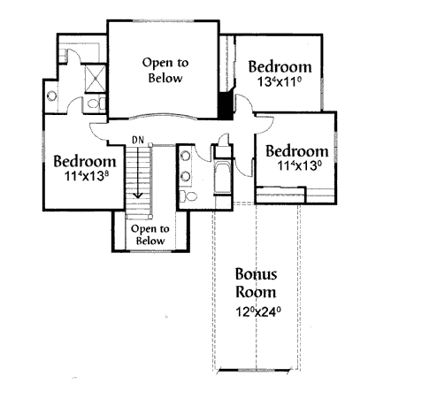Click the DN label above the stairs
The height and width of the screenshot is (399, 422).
(x=138, y=140)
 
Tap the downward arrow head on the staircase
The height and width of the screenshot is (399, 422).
(x=137, y=196)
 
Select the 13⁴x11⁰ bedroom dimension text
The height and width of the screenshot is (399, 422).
(x=280, y=81)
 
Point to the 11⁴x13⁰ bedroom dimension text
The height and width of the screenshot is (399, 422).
(x=299, y=165)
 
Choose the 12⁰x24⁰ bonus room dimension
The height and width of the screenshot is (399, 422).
(x=257, y=311)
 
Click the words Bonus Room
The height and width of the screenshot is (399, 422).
(x=256, y=283)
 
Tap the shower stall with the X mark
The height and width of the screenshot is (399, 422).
(x=96, y=79)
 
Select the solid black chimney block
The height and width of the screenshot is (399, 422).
(x=226, y=105)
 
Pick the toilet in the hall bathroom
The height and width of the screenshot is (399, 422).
(x=188, y=196)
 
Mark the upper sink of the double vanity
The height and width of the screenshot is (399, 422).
(x=185, y=156)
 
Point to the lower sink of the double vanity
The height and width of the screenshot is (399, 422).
(x=185, y=176)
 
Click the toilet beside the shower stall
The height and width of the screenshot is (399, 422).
(x=96, y=104)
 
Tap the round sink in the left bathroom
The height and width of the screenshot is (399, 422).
(x=52, y=96)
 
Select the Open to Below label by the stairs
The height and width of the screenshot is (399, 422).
(x=150, y=234)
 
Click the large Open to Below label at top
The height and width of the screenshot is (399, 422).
(x=165, y=71)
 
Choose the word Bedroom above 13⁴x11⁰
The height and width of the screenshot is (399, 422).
(x=280, y=66)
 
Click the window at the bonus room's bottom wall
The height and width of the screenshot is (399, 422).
(x=253, y=370)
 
